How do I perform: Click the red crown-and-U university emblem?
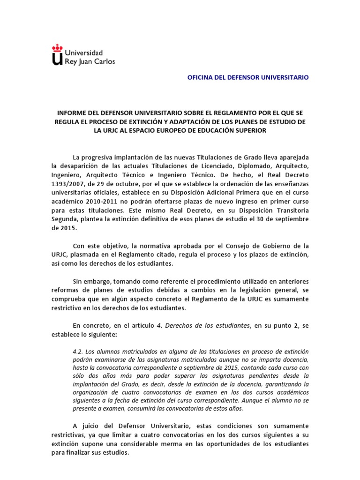point(57,55)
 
